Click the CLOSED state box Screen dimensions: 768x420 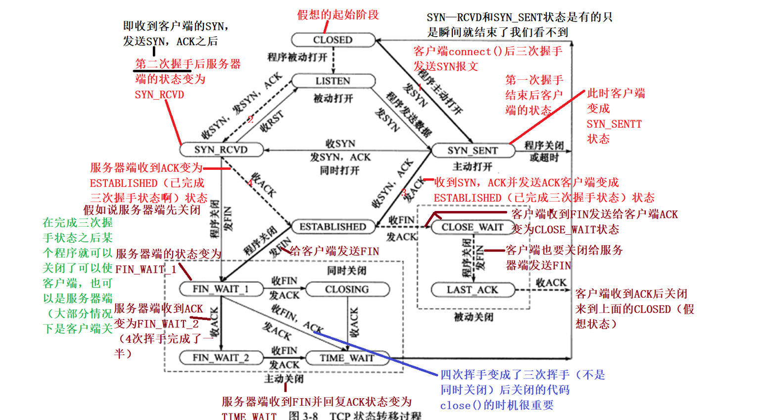333,40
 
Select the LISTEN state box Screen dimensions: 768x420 333,81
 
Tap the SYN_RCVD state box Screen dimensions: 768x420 221,150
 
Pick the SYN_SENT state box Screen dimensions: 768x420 473,151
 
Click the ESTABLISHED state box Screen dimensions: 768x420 333,227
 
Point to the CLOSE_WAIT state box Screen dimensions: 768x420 472,227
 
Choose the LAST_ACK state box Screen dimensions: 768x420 473,290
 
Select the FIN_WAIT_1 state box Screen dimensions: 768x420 221,289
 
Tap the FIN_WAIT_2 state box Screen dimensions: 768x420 221,358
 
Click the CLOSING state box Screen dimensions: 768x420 347,289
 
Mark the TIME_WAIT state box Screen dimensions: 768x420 347,358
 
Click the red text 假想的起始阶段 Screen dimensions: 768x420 338,15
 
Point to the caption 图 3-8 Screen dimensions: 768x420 303,415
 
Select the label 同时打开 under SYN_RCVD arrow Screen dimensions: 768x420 340,170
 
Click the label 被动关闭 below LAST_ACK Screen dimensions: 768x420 474,317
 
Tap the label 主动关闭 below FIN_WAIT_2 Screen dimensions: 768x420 284,379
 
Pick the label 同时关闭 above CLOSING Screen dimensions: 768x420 347,270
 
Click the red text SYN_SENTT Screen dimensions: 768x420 614,124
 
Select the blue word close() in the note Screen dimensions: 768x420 460,406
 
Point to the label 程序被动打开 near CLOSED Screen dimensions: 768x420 297,57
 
